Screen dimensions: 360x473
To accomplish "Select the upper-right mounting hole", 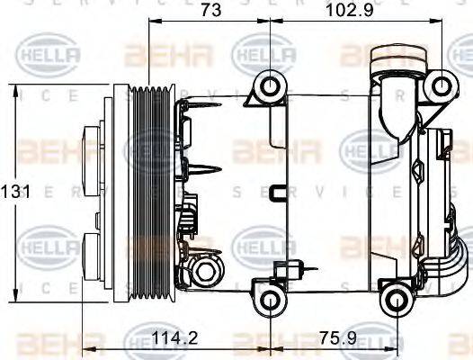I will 441,85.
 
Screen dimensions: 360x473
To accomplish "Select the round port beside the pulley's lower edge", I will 208,272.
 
